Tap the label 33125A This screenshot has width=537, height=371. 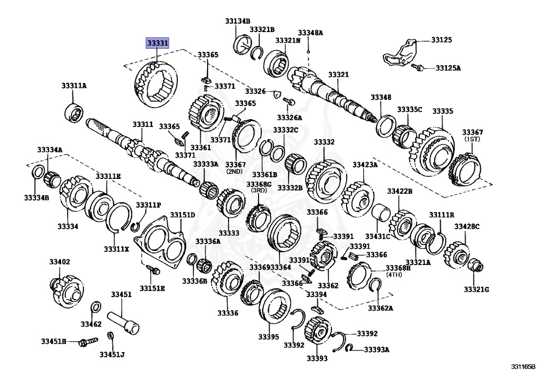(449, 68)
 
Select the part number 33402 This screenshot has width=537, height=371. (60, 261)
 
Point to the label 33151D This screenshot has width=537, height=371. (182, 215)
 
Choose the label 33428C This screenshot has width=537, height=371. (467, 227)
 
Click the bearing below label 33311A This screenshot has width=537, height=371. (74, 112)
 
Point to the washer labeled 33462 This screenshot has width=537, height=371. (96, 307)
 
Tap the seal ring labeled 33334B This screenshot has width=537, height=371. (37, 173)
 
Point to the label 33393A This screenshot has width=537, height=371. (377, 349)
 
